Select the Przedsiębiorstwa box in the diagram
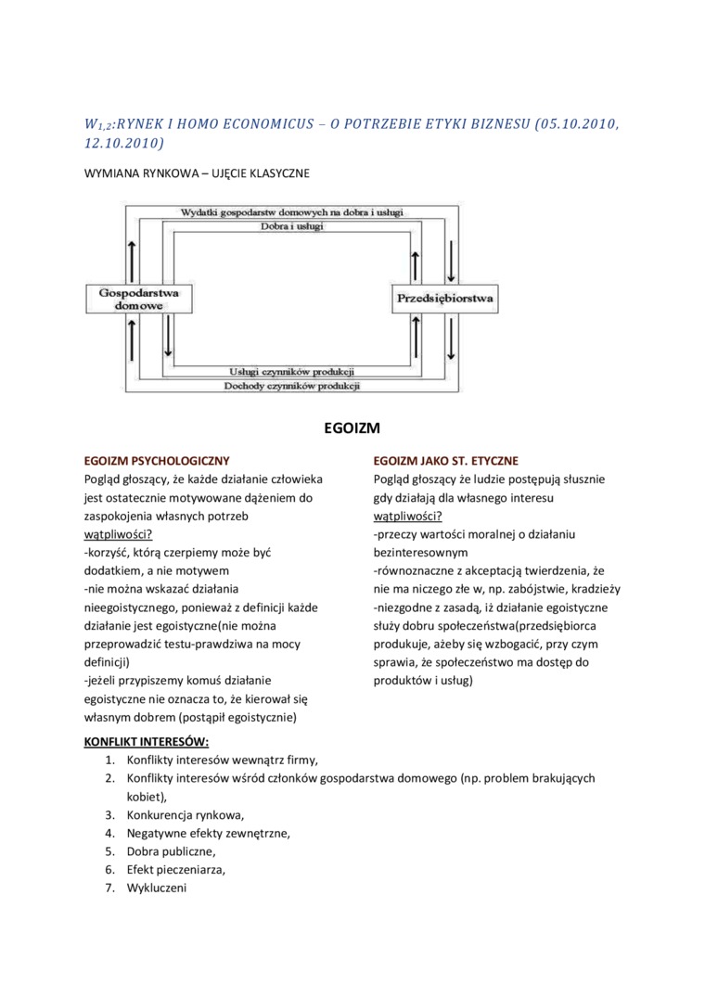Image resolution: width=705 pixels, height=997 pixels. pyautogui.click(x=444, y=299)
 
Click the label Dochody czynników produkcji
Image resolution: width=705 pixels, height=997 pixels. pyautogui.click(x=291, y=385)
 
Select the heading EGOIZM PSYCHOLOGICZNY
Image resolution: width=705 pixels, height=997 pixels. pyautogui.click(x=157, y=461)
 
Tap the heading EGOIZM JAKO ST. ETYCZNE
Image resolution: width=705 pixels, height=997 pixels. pyautogui.click(x=445, y=461)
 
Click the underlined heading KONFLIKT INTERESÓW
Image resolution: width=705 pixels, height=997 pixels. pyautogui.click(x=147, y=742)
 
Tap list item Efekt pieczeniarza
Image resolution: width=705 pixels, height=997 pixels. pyautogui.click(x=176, y=869)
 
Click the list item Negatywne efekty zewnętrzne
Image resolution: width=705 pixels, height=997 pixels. pyautogui.click(x=209, y=833)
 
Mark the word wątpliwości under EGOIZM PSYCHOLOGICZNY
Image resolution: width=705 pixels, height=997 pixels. pyautogui.click(x=118, y=534)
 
